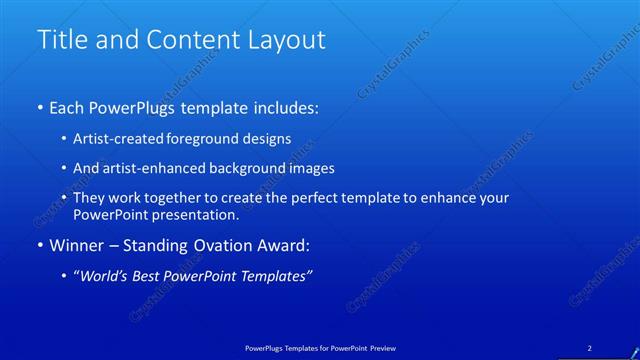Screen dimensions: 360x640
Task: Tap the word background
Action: pyautogui.click(x=261, y=169)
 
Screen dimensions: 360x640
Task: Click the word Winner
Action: pyautogui.click(x=77, y=245)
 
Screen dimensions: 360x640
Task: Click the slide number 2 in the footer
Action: pyautogui.click(x=589, y=347)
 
